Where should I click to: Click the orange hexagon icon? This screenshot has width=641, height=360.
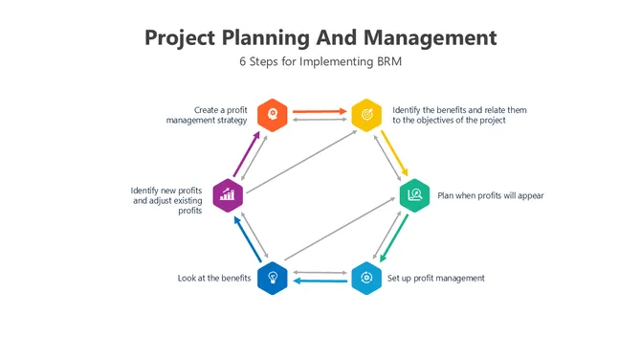tap(274, 114)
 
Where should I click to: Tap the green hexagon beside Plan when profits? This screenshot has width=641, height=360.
tap(414, 195)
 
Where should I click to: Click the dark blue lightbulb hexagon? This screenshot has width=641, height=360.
tap(273, 278)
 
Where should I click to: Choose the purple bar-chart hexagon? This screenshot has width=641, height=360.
tap(228, 195)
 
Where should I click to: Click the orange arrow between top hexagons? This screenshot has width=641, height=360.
tap(319, 111)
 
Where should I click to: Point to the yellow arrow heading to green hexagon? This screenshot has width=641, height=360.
tap(392, 154)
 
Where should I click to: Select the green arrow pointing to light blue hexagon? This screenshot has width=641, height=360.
tap(392, 237)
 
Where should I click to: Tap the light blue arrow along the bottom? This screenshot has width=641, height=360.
tap(319, 281)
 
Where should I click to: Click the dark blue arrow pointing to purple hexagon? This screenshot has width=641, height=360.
tap(245, 237)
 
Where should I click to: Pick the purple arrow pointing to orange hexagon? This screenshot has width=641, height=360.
tap(246, 153)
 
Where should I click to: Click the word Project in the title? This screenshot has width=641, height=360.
tap(179, 38)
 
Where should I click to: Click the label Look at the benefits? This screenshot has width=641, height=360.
tap(214, 279)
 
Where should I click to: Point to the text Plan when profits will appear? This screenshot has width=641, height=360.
tap(490, 196)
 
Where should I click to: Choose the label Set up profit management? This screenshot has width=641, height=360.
tap(435, 279)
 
